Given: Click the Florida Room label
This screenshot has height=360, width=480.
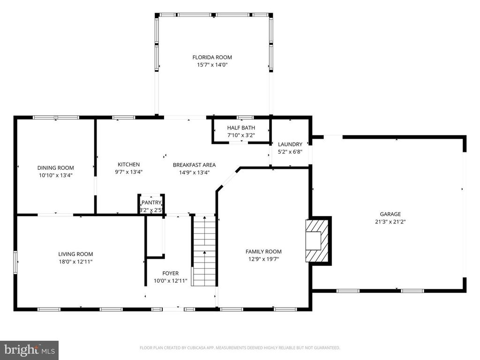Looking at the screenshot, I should (x=212, y=57).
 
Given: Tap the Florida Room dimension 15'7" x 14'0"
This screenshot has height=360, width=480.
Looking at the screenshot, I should (x=212, y=65).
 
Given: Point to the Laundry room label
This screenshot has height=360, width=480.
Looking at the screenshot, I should (x=290, y=144).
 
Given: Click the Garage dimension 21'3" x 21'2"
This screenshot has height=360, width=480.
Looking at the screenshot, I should (x=390, y=222).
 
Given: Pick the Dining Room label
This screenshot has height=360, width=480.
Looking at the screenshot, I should (x=56, y=168).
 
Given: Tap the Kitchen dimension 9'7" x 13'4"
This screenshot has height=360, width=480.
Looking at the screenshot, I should (x=128, y=172).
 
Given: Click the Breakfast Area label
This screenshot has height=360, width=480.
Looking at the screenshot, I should (x=194, y=165).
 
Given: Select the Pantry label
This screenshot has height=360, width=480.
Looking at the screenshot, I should (x=151, y=202).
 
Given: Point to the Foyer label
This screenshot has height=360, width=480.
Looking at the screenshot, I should (x=170, y=273).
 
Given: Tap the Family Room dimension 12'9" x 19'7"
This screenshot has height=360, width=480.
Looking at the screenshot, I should (x=263, y=259).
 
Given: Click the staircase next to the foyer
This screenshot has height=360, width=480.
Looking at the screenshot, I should (x=204, y=251).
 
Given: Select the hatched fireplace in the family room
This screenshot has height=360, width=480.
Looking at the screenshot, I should (x=319, y=240).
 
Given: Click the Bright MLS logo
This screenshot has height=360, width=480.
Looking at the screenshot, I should (x=29, y=350).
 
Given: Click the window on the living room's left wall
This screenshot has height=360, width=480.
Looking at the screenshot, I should (x=15, y=263).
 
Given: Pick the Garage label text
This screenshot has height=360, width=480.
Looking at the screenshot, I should (x=390, y=214).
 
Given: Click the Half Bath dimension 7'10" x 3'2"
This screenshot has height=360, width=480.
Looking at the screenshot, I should (x=241, y=135).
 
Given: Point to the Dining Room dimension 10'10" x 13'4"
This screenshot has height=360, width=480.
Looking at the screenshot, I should (x=56, y=175).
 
